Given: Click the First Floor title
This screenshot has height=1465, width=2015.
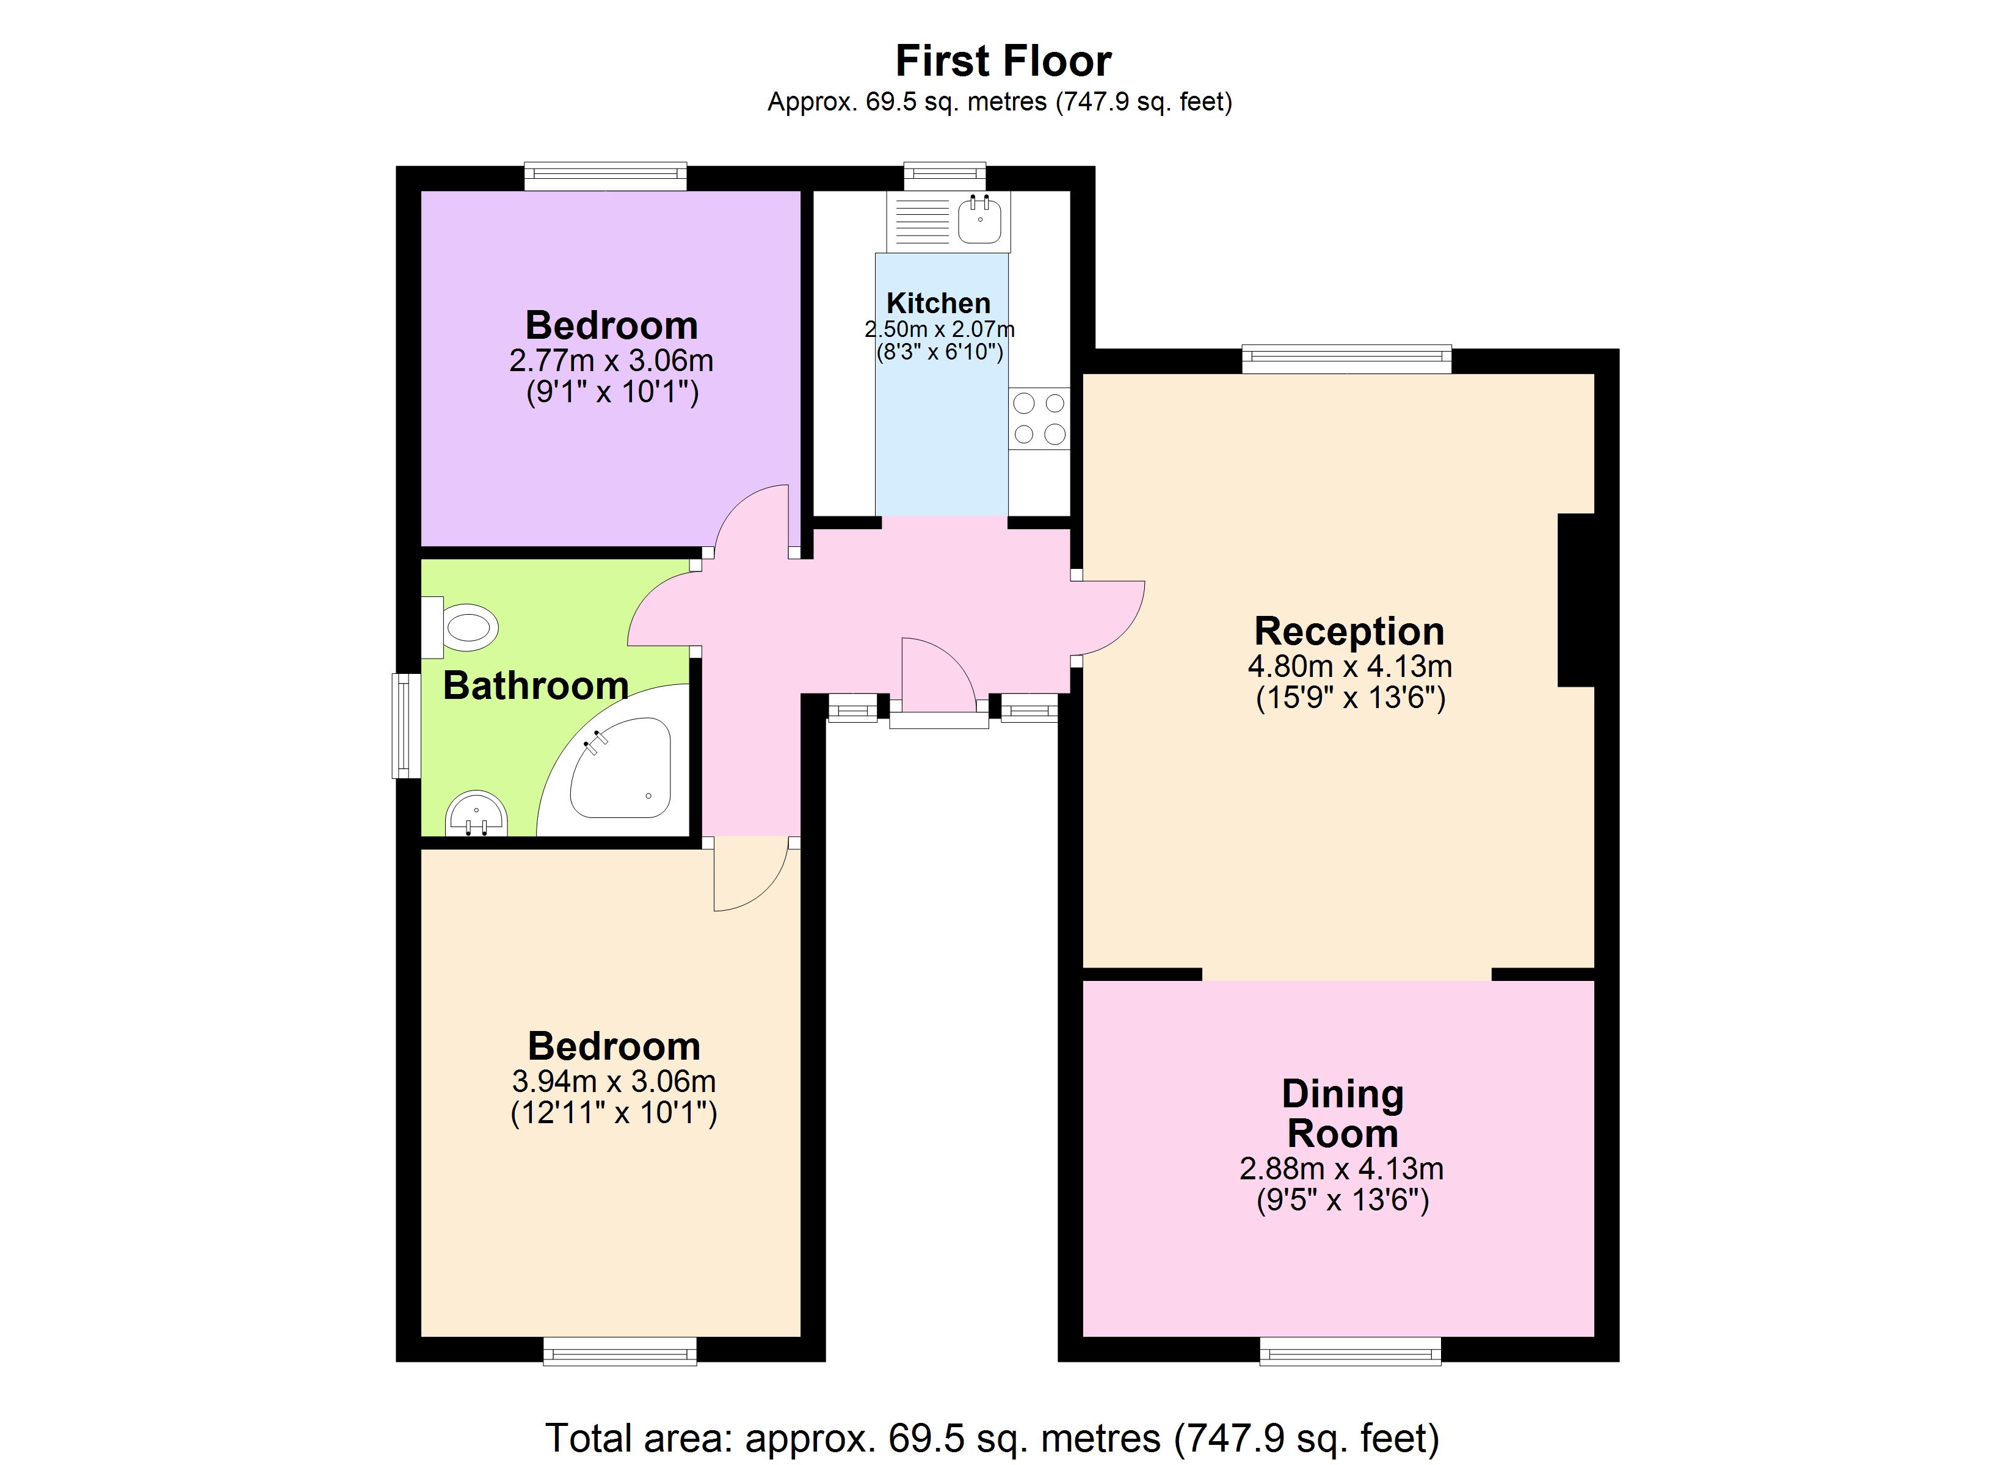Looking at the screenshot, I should pyautogui.click(x=1003, y=61).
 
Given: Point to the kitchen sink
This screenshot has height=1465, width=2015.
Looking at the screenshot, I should pyautogui.click(x=980, y=219).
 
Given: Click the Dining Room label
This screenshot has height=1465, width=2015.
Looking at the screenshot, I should pyautogui.click(x=1343, y=1113).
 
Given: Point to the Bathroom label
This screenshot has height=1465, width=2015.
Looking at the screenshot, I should pyautogui.click(x=536, y=686).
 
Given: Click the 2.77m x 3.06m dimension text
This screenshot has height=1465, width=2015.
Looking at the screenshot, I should pyautogui.click(x=611, y=361).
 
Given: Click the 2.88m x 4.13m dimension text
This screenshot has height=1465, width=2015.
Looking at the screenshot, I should pyautogui.click(x=1342, y=1168).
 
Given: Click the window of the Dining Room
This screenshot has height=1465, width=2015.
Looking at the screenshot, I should pyautogui.click(x=1349, y=1353).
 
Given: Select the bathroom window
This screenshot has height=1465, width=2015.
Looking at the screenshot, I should pyautogui.click(x=407, y=725).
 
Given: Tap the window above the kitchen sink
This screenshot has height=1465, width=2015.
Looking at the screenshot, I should pyautogui.click(x=945, y=175).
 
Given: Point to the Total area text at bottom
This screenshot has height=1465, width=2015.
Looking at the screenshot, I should pyautogui.click(x=992, y=1436).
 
